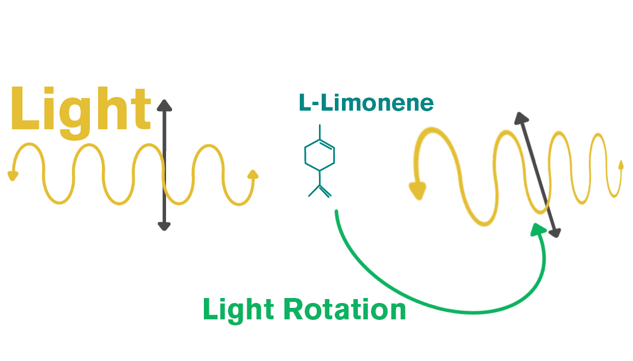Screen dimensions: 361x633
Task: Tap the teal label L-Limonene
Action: tap(366, 102)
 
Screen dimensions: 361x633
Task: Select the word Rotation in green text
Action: tap(346, 310)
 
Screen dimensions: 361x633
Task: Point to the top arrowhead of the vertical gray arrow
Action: tap(164, 105)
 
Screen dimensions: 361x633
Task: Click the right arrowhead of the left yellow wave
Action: tap(253, 175)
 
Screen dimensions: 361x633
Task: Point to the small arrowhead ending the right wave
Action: tap(620, 164)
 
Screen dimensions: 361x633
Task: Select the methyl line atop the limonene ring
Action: tap(320, 131)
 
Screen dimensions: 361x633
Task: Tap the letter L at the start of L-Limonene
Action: tap(304, 103)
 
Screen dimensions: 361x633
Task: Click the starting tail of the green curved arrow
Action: tap(336, 213)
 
